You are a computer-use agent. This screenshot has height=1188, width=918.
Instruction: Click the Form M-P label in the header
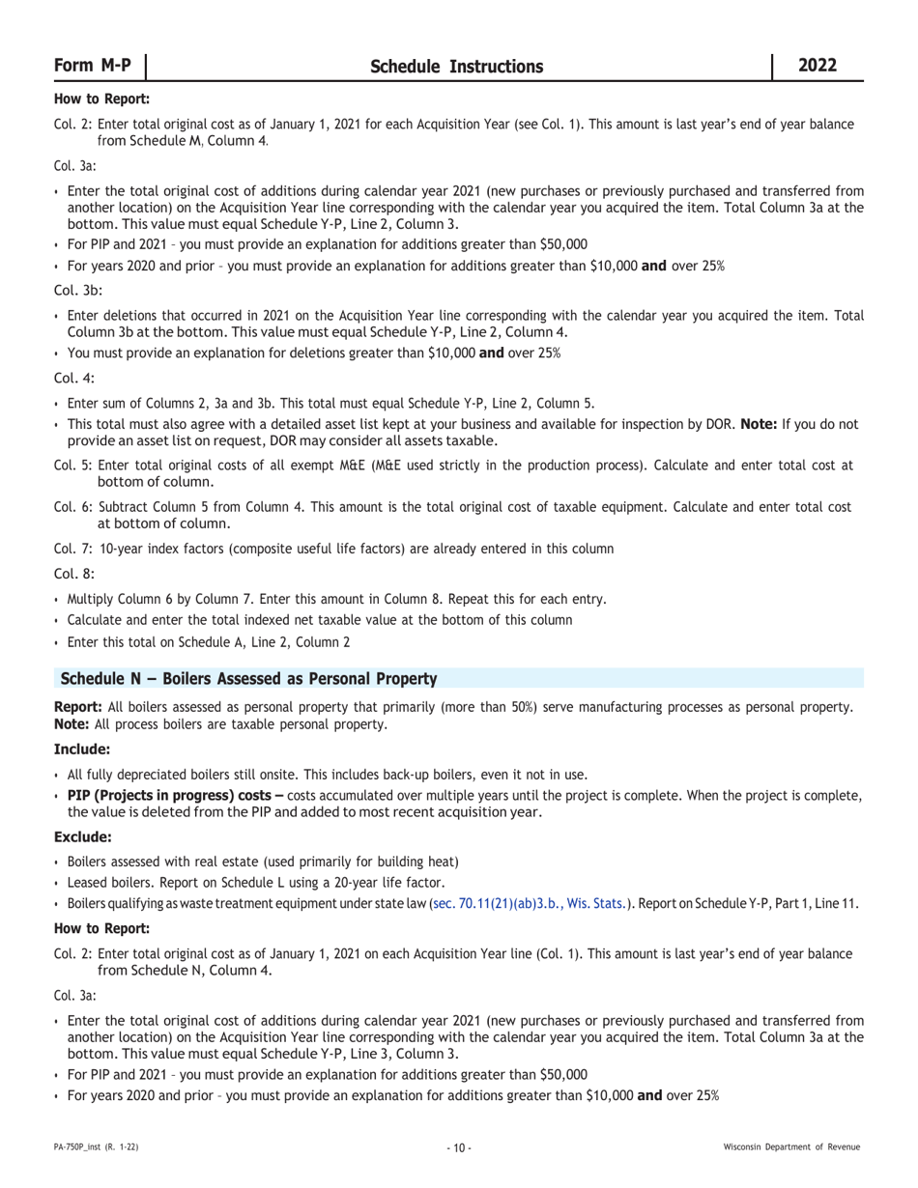coord(93,66)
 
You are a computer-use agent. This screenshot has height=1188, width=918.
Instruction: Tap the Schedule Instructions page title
coord(456,67)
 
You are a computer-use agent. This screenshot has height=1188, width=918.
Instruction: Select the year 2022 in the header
coord(818,66)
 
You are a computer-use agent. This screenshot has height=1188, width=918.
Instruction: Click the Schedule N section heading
coord(248,679)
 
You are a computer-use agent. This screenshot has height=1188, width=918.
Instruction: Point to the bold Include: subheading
coord(82,750)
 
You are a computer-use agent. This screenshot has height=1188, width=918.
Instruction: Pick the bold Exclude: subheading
coord(83,836)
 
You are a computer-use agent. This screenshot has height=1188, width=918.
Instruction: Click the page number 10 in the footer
coord(459,1147)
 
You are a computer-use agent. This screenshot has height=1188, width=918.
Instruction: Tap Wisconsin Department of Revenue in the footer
coord(791,1147)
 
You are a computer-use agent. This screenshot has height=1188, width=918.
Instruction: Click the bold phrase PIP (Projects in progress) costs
coord(175,795)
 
